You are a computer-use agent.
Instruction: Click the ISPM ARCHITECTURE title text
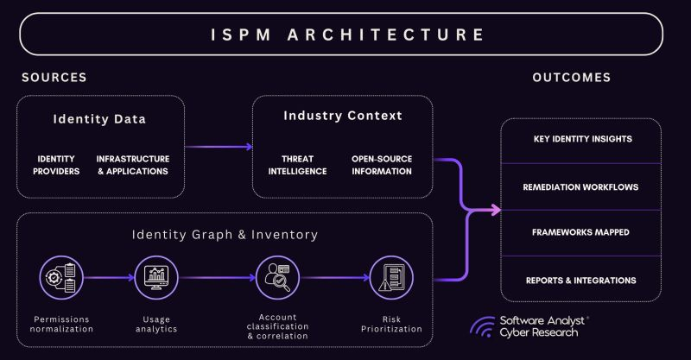[348, 35]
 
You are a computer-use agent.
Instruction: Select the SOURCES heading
[54, 78]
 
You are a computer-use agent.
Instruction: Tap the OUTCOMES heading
[571, 78]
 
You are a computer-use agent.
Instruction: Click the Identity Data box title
[98, 118]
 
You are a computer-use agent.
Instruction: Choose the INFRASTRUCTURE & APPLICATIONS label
[133, 165]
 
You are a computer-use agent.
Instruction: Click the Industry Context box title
[343, 116]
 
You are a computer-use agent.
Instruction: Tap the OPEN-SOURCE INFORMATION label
[382, 165]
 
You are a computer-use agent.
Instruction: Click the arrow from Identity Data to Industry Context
[219, 146]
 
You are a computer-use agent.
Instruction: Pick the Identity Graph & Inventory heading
[225, 234]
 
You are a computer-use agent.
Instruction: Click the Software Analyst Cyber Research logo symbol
[482, 325]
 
